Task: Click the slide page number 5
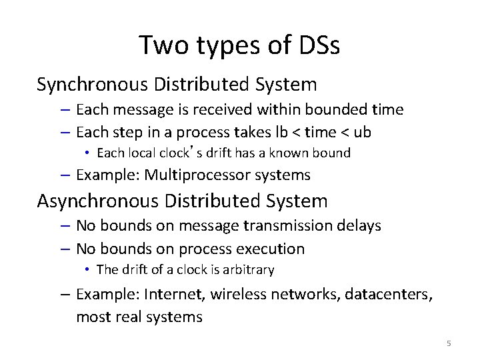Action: pyautogui.click(x=449, y=343)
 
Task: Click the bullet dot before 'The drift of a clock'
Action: pyautogui.click(x=87, y=270)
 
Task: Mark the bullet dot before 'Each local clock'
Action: pyautogui.click(x=87, y=153)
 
